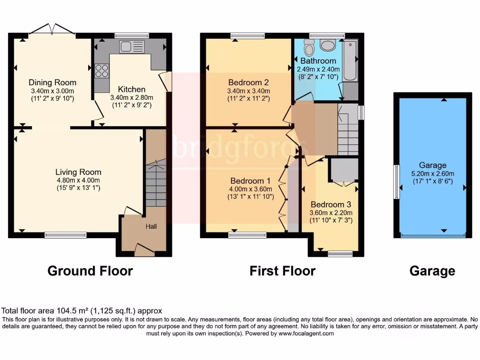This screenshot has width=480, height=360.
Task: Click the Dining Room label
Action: tap(52, 82)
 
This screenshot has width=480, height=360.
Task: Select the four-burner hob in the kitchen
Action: tap(102, 70)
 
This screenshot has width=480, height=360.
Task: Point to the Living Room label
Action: tap(78, 172)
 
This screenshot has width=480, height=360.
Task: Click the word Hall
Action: tap(151, 226)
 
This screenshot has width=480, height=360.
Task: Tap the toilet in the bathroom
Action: tap(309, 47)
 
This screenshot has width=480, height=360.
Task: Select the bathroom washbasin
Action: tap(328, 46)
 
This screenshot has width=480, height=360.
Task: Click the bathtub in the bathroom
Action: tap(350, 61)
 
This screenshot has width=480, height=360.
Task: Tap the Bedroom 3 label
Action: tap(330, 205)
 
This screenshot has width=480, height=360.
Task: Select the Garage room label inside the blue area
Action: tap(433, 165)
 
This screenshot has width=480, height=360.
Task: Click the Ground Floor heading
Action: tap(90, 271)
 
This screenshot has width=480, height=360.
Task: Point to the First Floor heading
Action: tap(282, 271)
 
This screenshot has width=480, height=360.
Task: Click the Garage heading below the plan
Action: tap(432, 271)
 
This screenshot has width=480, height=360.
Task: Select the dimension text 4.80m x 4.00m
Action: tap(78, 180)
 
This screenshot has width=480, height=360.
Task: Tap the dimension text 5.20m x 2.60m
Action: tap(433, 173)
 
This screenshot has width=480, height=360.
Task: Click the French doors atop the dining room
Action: tap(52, 30)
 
